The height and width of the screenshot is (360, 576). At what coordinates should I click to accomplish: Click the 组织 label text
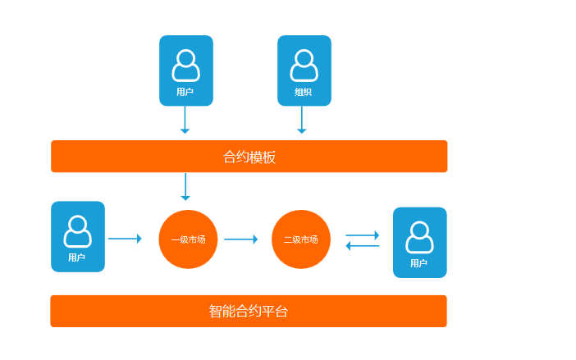304,92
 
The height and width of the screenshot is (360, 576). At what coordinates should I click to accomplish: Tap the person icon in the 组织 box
304,66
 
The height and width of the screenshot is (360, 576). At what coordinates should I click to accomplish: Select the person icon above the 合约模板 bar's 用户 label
185,66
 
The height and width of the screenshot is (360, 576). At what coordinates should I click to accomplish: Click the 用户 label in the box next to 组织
185,92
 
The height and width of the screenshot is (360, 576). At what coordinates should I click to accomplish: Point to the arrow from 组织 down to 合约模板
302,120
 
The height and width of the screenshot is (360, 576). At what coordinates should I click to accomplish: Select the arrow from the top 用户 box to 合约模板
185,120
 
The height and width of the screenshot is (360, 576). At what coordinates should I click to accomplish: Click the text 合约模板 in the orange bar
249,157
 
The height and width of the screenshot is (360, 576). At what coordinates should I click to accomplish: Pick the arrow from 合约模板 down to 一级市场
185,186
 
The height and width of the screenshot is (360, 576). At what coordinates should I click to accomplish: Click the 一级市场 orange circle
188,239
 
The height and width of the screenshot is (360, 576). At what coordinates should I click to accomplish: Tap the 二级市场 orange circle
301,239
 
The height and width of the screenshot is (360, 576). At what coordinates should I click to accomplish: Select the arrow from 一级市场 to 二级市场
241,239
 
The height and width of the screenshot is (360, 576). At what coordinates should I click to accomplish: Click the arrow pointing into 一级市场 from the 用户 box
125,239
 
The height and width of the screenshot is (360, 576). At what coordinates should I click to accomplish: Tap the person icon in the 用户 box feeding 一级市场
78,231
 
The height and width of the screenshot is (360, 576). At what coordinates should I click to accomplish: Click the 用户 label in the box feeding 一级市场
77,257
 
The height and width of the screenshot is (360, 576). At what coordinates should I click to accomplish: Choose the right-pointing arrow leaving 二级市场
363,235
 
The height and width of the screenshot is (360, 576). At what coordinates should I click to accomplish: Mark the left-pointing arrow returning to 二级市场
363,246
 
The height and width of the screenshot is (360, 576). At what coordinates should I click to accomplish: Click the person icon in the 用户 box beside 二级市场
419,237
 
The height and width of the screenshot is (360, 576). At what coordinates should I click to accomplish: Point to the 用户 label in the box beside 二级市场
419,263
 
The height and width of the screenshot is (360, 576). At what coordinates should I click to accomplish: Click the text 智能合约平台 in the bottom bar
249,312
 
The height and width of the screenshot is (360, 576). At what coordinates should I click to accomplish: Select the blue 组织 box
304,71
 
